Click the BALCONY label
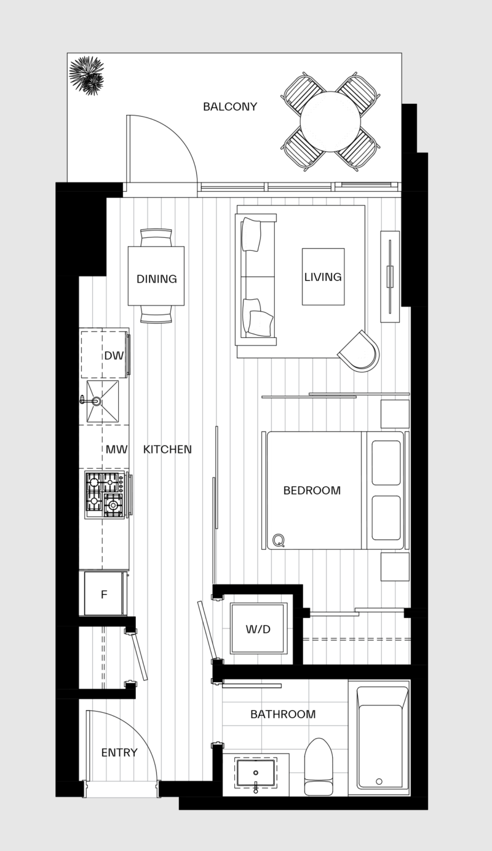pyautogui.click(x=230, y=107)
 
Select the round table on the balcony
pyautogui.click(x=330, y=122)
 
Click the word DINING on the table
pyautogui.click(x=156, y=279)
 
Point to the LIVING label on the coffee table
pyautogui.click(x=323, y=277)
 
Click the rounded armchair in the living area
pyautogui.click(x=360, y=351)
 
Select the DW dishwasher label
pyautogui.click(x=114, y=356)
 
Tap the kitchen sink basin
pyautogui.click(x=103, y=401)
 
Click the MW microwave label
pyautogui.click(x=116, y=450)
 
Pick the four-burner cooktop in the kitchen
pyautogui.click(x=105, y=494)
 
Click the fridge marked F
pyautogui.click(x=104, y=594)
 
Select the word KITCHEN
pyautogui.click(x=167, y=450)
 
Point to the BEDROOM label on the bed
pyautogui.click(x=312, y=491)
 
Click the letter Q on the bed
pyautogui.click(x=279, y=539)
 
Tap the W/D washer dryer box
pyautogui.click(x=258, y=629)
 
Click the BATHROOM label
pyautogui.click(x=283, y=715)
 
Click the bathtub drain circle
pyautogui.click(x=379, y=781)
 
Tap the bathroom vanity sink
pyautogui.click(x=256, y=772)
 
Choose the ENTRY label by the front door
pyautogui.click(x=119, y=753)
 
